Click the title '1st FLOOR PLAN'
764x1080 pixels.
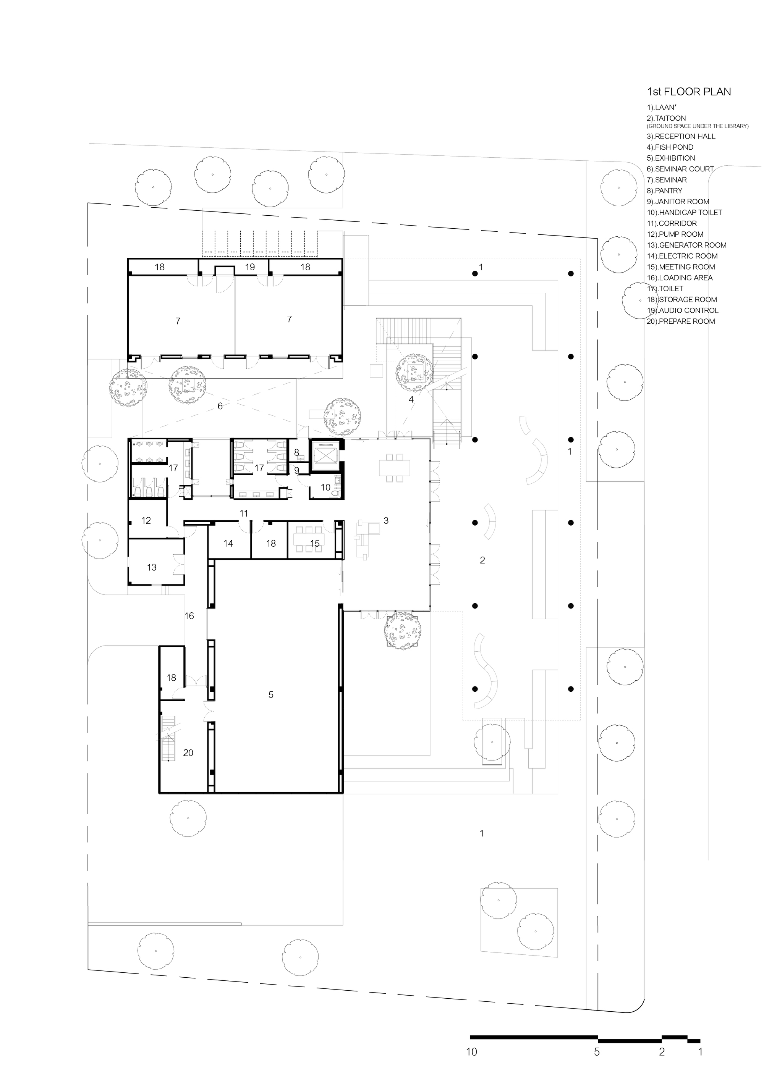[x=689, y=92]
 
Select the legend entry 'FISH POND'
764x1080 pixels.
[x=670, y=147]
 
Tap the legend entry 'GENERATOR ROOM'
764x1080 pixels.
[x=687, y=245]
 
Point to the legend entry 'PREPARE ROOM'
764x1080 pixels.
[x=681, y=321]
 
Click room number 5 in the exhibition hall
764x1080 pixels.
[x=271, y=695]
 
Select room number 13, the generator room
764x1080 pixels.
[x=152, y=567]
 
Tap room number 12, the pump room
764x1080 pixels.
[x=146, y=521]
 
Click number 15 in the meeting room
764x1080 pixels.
[x=315, y=544]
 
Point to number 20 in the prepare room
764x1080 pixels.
[x=188, y=752]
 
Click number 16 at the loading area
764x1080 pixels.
[x=189, y=616]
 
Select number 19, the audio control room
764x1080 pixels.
[x=250, y=267]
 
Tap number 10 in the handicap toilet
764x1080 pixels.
[x=326, y=488]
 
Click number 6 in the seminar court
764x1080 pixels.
[x=220, y=406]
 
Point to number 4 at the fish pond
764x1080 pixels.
[x=411, y=399]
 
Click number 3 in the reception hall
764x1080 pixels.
[x=386, y=521]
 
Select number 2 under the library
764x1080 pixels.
[x=482, y=560]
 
